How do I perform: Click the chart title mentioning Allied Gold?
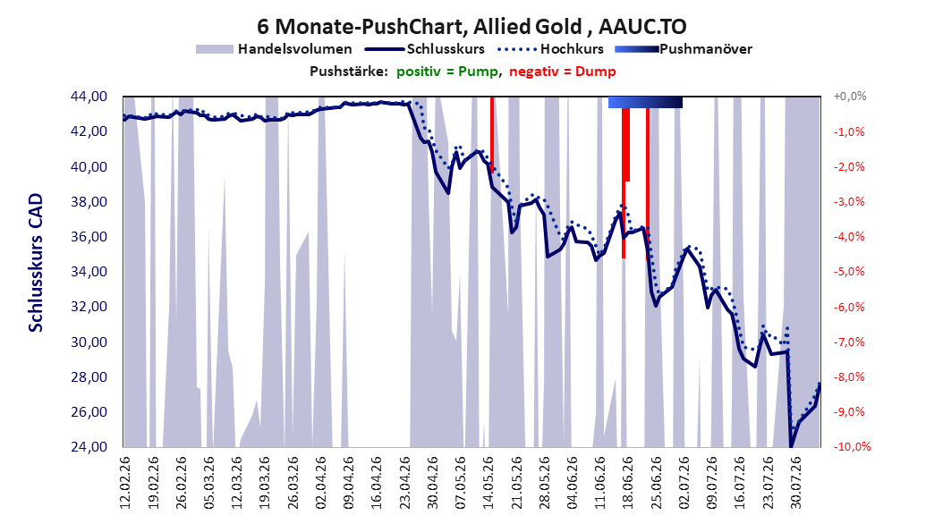(471, 27)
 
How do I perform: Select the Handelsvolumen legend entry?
(274, 49)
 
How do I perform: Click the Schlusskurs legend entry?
(425, 49)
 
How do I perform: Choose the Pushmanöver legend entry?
(684, 49)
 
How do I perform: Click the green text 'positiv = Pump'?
(447, 72)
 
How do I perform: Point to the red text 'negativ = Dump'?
(563, 72)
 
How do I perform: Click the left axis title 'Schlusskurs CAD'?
(36, 263)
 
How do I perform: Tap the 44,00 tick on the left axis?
(89, 97)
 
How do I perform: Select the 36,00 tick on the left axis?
(89, 237)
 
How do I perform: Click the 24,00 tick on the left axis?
(89, 447)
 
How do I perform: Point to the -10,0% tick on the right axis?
(852, 447)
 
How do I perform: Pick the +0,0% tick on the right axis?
(850, 97)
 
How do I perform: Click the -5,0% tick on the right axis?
(849, 272)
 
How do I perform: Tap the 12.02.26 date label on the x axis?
(125, 483)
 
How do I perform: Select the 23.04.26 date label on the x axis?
(404, 483)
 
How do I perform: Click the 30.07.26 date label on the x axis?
(796, 483)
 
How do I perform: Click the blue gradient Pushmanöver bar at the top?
(645, 102)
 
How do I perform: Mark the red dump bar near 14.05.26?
(492, 135)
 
